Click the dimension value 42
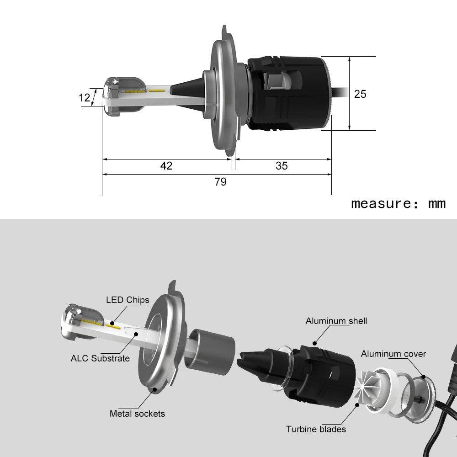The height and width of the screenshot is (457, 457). pyautogui.click(x=166, y=165)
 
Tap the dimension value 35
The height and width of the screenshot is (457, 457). pyautogui.click(x=282, y=165)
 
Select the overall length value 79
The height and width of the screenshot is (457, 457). pyautogui.click(x=220, y=181)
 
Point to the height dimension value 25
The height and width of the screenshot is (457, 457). pyautogui.click(x=360, y=94)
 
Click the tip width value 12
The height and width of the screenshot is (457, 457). pyautogui.click(x=84, y=97)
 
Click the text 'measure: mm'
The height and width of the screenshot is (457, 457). pyautogui.click(x=398, y=203)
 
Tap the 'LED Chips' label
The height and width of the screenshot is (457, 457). pyautogui.click(x=128, y=300)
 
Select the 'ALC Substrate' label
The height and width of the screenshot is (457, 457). pyautogui.click(x=100, y=358)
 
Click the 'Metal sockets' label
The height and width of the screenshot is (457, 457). pyautogui.click(x=137, y=414)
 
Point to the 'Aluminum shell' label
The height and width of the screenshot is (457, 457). pyautogui.click(x=336, y=321)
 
